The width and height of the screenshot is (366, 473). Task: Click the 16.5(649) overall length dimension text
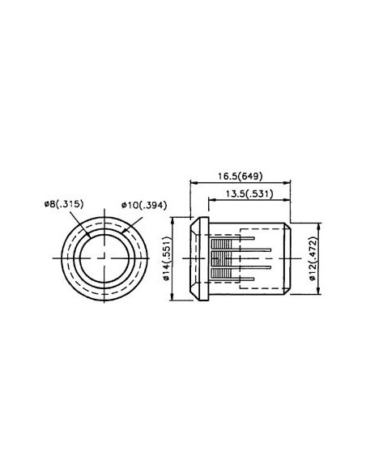(x=240, y=175)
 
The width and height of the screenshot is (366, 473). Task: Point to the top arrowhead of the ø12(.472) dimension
(x=317, y=226)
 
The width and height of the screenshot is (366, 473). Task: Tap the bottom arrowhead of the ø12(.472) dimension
(x=317, y=292)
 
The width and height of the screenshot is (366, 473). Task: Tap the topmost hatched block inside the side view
(x=220, y=241)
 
